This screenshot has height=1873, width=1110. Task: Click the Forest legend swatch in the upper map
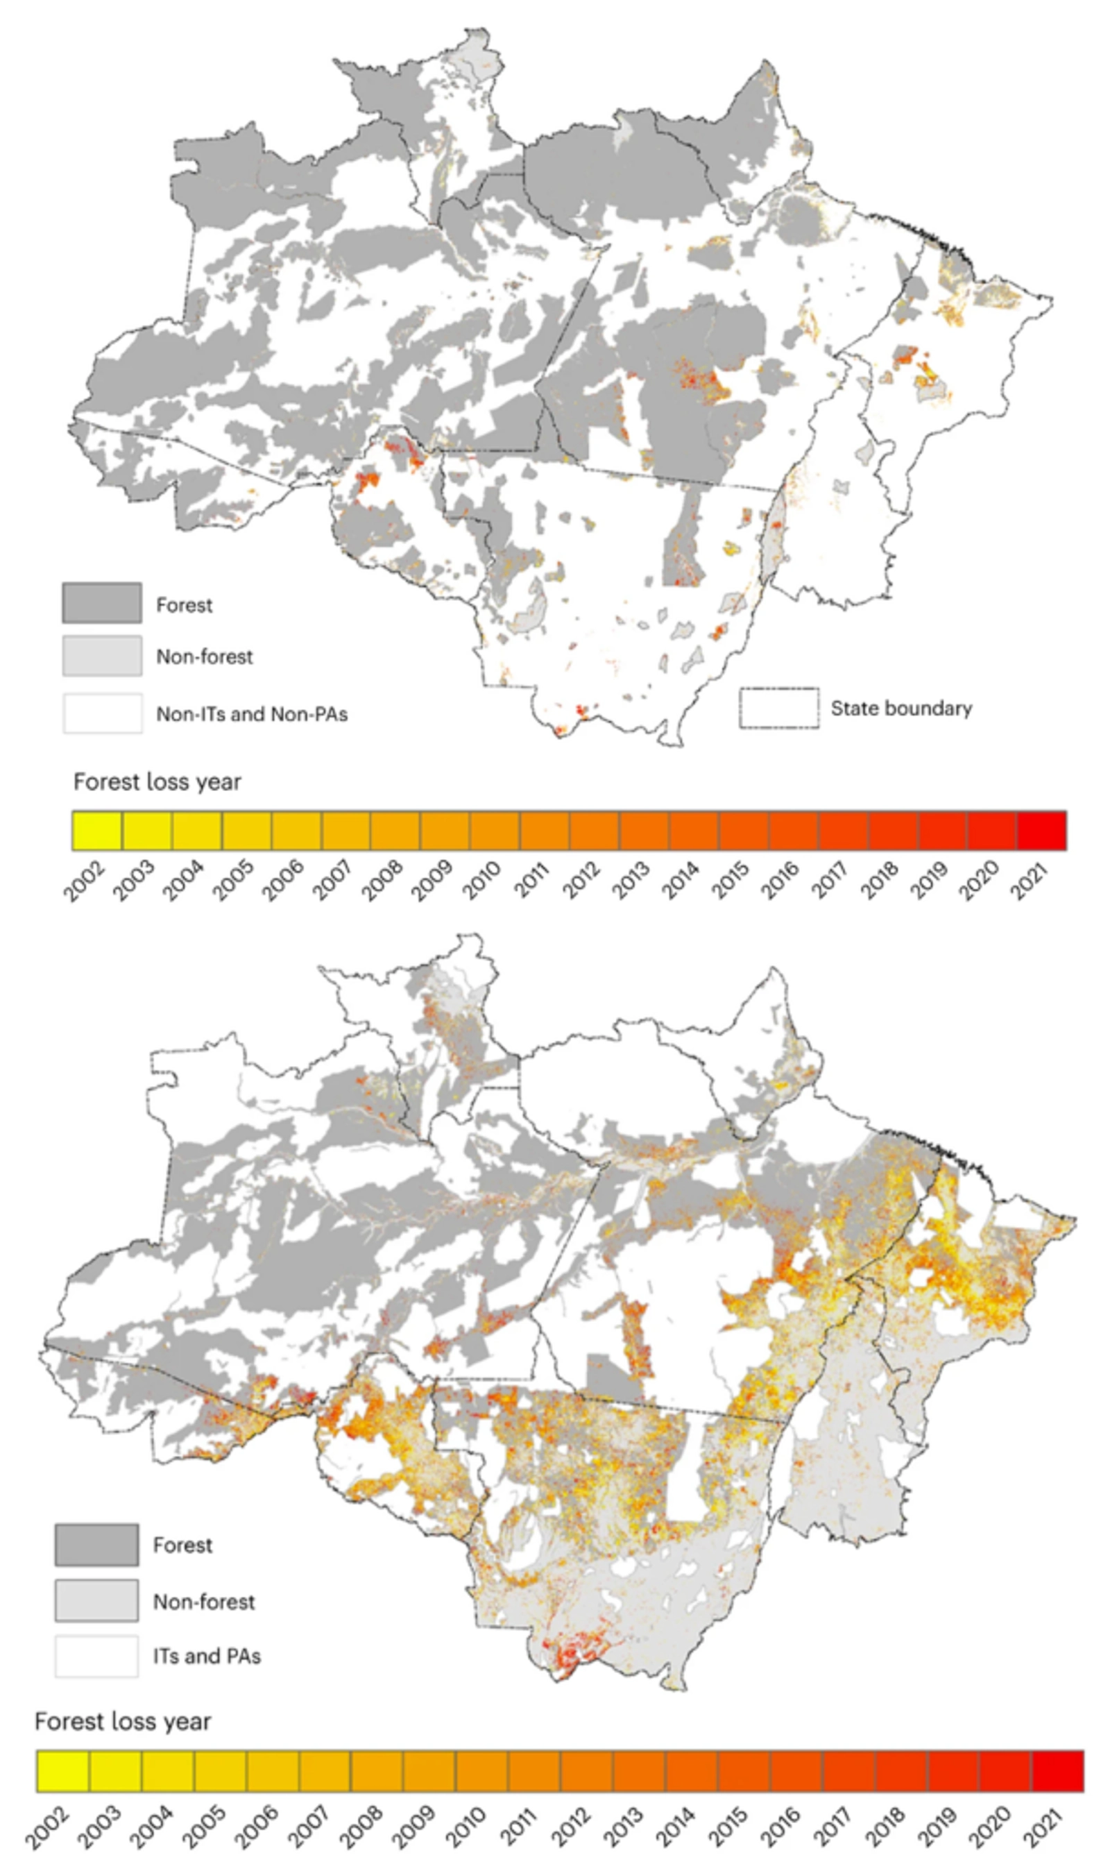point(102,603)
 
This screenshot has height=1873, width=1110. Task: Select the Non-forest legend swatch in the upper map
point(102,656)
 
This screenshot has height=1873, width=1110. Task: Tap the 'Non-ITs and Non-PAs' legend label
point(251,714)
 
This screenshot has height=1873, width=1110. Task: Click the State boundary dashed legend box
point(778,708)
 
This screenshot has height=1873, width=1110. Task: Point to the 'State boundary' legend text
point(901,709)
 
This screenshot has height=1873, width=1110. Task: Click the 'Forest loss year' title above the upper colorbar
point(157,782)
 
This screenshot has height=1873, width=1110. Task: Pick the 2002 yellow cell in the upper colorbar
point(96,830)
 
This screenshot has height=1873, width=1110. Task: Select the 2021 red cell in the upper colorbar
point(1041,830)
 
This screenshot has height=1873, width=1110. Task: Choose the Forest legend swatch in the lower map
point(96,1545)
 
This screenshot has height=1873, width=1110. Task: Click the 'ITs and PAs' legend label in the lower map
point(207,1656)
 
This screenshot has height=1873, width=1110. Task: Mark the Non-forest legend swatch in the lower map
point(96,1601)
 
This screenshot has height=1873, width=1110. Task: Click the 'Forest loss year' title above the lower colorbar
point(123,1722)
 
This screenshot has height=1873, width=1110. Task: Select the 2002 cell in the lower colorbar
point(63,1771)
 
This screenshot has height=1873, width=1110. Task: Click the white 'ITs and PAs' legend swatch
point(96,1656)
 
